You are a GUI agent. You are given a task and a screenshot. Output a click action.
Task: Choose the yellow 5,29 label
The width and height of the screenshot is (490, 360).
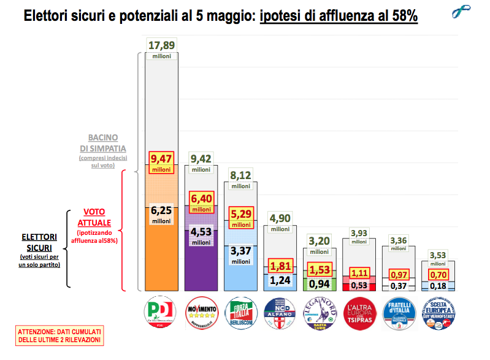click(x=240, y=215)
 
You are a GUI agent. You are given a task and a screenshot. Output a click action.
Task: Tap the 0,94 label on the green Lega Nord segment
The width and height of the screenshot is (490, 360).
click(x=318, y=283)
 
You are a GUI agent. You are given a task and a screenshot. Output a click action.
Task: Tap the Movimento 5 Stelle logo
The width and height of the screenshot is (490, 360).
click(x=201, y=313)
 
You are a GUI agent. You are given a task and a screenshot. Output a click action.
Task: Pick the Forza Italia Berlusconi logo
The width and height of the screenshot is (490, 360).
click(x=240, y=313)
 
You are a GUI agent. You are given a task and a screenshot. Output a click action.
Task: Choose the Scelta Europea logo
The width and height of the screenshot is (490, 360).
click(x=438, y=313)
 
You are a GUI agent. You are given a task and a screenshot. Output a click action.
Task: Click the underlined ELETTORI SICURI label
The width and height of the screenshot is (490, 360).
click(x=39, y=241)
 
